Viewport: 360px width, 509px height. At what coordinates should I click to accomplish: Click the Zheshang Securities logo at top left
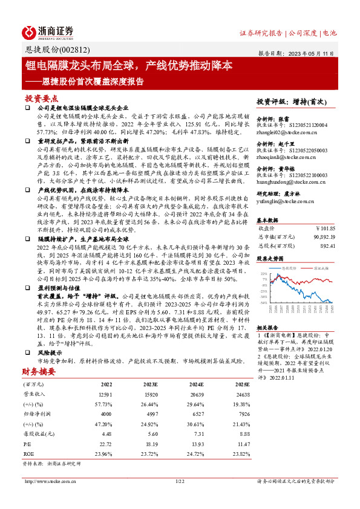point(48,32)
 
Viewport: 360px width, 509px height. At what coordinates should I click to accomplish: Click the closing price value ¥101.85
point(325,229)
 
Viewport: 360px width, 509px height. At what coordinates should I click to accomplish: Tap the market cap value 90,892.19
point(322,238)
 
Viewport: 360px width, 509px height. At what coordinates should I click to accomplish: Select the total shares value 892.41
point(327,246)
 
